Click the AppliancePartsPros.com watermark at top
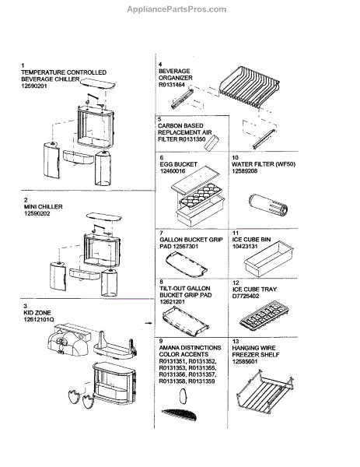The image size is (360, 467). [x=177, y=9]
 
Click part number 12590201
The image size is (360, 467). [x=34, y=86]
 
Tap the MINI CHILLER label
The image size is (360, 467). [x=43, y=207]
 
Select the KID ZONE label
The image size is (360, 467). [x=37, y=313]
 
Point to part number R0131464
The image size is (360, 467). [x=172, y=85]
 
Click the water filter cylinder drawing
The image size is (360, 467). [x=267, y=205]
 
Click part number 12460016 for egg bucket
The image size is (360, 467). [x=173, y=171]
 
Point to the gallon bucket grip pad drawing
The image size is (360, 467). [x=187, y=264]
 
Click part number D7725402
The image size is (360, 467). [x=246, y=296]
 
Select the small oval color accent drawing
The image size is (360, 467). [x=183, y=397]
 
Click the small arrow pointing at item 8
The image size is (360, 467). [x=148, y=323]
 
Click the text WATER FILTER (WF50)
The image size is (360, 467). [x=264, y=164]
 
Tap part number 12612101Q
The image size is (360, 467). [x=39, y=320]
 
